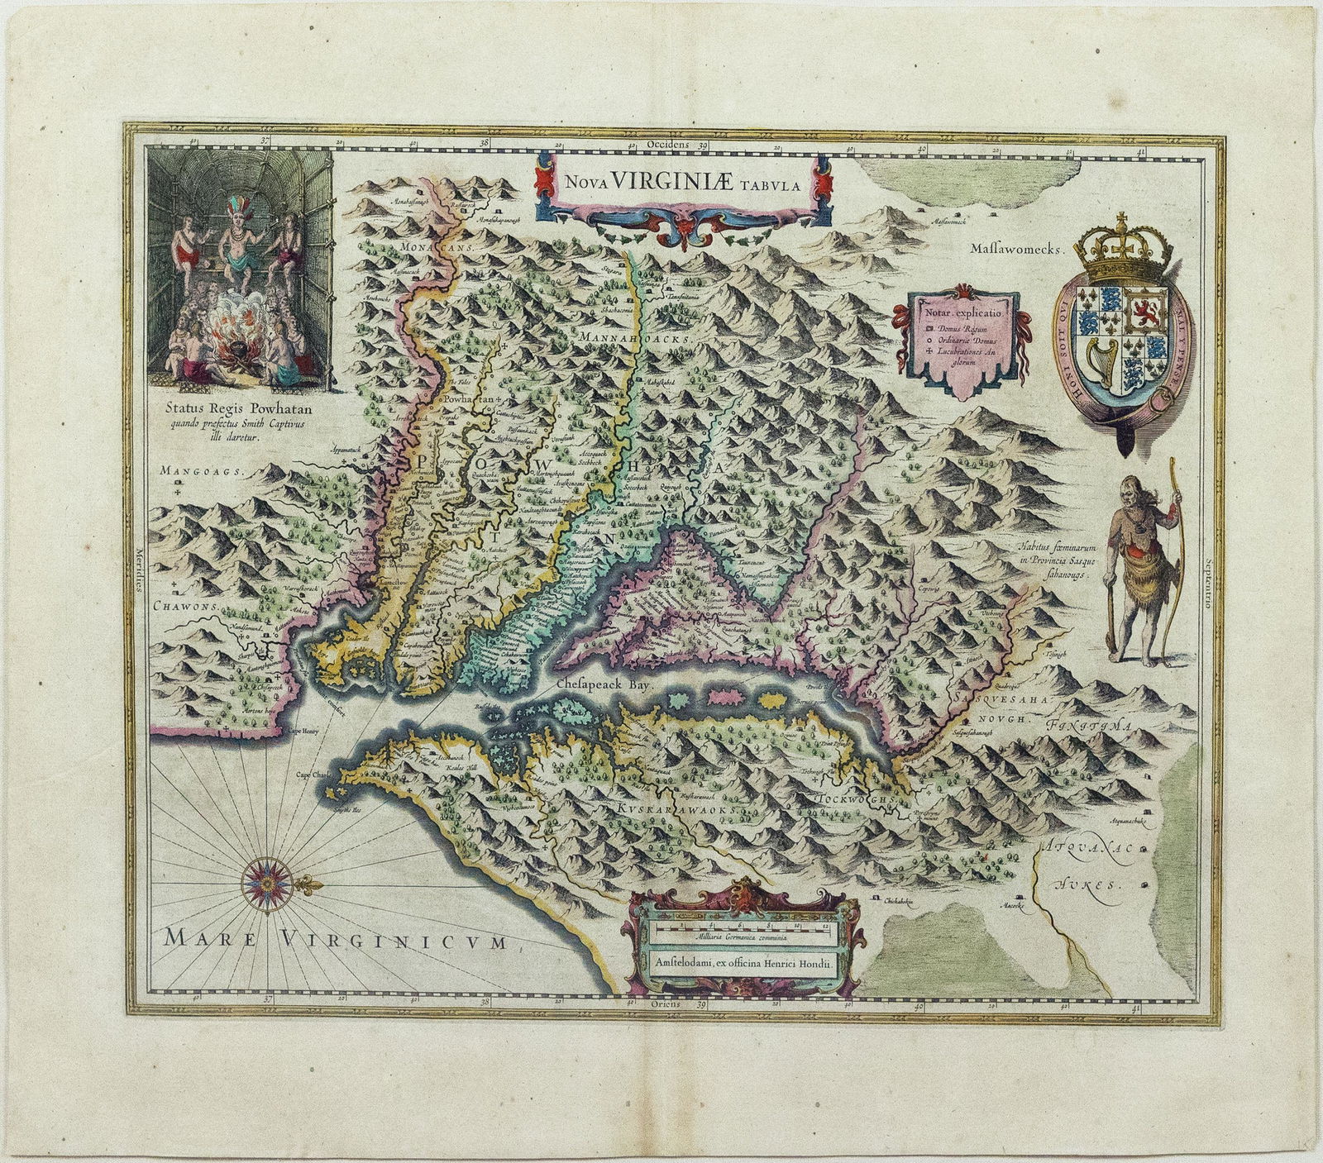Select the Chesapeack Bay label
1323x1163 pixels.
point(605,685)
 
